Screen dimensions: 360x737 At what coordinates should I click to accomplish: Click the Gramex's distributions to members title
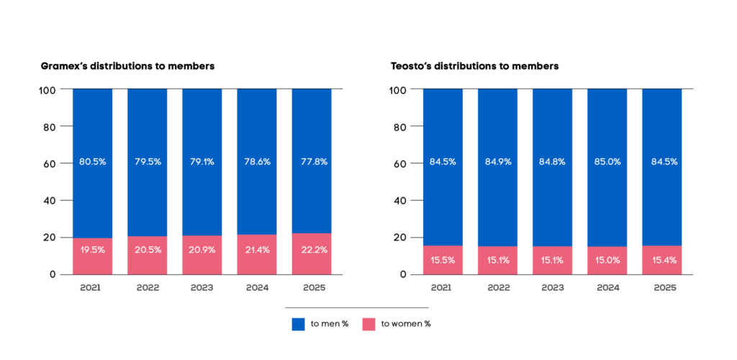click(x=128, y=66)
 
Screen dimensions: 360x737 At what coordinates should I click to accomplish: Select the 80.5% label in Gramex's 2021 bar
click(x=92, y=162)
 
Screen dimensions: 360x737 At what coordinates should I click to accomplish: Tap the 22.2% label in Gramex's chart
click(x=312, y=249)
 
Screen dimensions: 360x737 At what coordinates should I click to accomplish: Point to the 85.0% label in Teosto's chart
click(x=607, y=162)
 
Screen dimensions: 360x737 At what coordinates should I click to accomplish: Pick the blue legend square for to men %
click(x=298, y=324)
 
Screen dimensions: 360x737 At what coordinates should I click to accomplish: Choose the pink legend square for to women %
click(x=368, y=324)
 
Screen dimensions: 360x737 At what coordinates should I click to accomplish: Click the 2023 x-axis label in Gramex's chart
click(x=202, y=288)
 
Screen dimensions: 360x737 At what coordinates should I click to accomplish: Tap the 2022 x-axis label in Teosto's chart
click(x=497, y=288)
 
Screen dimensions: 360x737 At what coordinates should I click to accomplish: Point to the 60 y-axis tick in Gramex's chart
click(x=50, y=163)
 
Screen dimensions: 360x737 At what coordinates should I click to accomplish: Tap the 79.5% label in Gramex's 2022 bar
click(x=148, y=162)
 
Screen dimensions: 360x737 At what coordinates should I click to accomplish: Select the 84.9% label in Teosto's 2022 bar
click(x=497, y=162)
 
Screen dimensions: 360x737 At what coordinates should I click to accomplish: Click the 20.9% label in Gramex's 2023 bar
click(x=202, y=249)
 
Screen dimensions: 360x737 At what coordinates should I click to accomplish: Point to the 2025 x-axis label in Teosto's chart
click(x=661, y=288)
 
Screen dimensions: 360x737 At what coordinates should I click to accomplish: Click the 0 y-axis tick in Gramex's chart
click(x=53, y=274)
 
